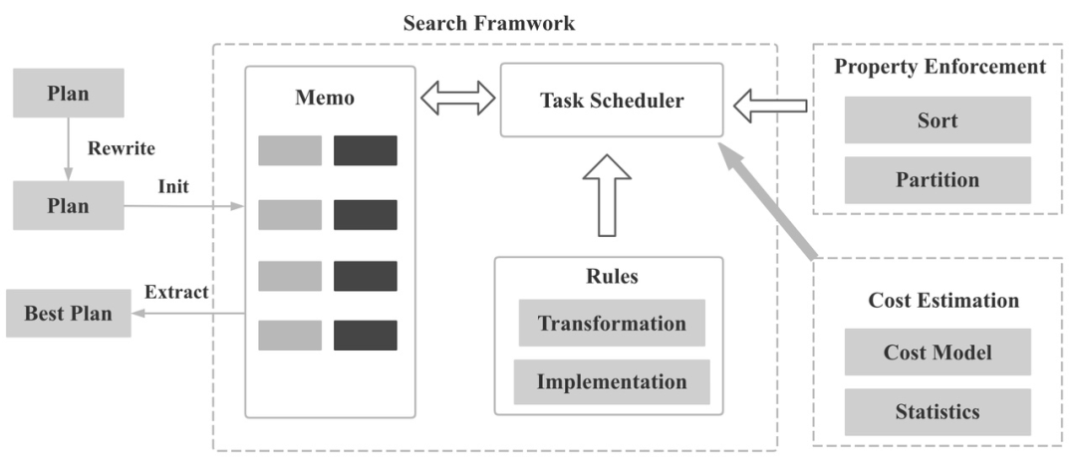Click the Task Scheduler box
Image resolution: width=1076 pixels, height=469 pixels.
[x=612, y=101]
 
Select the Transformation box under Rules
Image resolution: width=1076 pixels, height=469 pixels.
[x=612, y=323]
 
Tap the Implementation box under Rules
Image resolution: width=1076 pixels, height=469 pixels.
[x=612, y=382]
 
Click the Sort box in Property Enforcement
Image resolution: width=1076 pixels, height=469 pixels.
[x=938, y=120]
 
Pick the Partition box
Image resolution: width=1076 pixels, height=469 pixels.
[x=938, y=179]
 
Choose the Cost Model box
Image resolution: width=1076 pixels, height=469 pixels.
[x=938, y=352]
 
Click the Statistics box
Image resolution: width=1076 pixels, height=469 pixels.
[x=938, y=412]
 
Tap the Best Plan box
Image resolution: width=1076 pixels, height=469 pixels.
[x=69, y=314]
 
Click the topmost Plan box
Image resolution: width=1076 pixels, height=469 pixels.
[x=69, y=93]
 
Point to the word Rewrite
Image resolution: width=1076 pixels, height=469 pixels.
[x=122, y=148]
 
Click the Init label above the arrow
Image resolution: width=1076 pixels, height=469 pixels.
[x=173, y=186]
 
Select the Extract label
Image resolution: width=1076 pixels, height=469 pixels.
[x=176, y=292]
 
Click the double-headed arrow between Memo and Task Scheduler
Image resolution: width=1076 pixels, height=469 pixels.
[x=457, y=98]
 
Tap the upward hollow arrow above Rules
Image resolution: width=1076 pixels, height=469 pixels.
[x=607, y=195]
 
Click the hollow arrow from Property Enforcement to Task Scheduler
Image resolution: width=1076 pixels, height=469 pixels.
[x=770, y=106]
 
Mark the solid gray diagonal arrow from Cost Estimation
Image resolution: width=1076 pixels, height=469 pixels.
[x=768, y=201]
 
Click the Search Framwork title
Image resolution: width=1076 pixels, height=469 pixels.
[x=488, y=23]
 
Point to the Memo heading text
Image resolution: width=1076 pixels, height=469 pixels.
[x=325, y=98]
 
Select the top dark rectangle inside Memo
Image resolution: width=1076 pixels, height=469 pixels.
[x=366, y=150]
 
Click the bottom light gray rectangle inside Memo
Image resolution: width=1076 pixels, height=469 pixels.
[x=290, y=336]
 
